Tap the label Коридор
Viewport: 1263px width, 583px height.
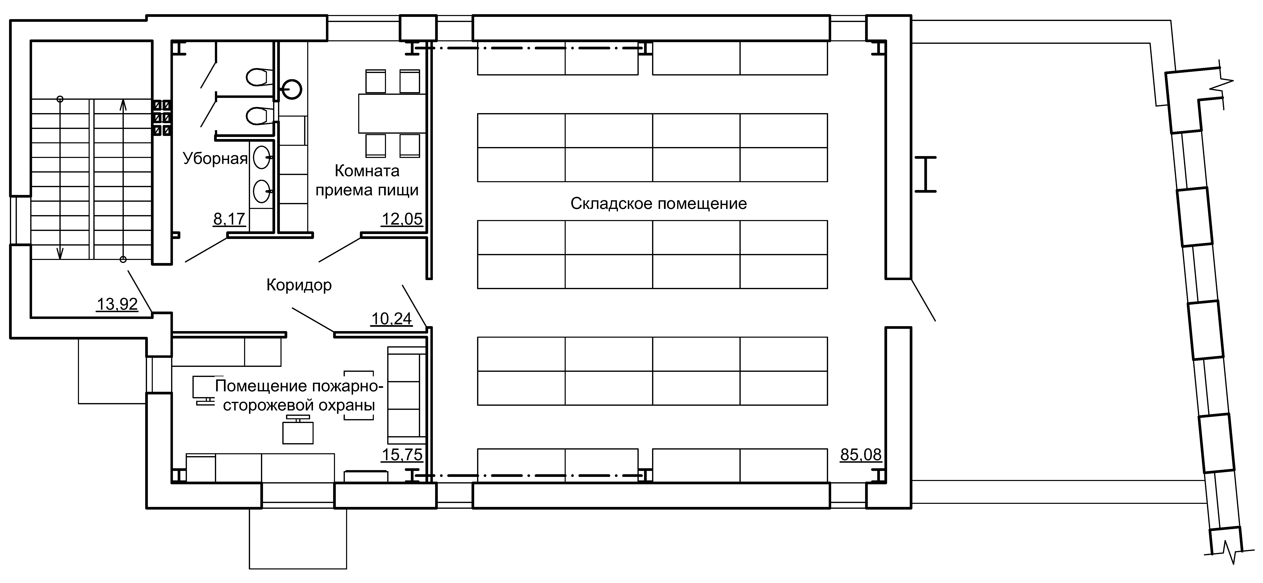click(299, 285)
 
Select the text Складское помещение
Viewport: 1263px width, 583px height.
click(658, 204)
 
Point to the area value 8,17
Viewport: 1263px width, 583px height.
click(229, 219)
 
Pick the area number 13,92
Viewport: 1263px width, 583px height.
click(117, 304)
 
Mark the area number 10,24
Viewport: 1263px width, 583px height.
click(391, 319)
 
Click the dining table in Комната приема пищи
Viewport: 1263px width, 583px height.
click(392, 113)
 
